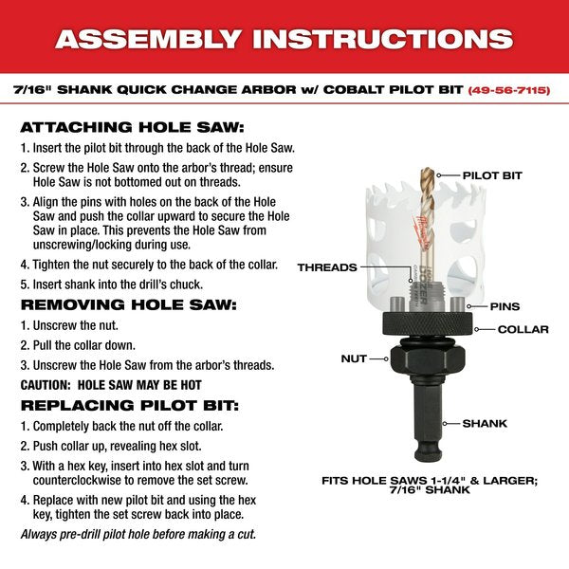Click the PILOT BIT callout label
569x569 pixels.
[x=492, y=175]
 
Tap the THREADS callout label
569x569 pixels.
[x=327, y=267]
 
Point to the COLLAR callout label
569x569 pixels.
[x=523, y=329]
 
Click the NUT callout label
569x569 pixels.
[x=355, y=358]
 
